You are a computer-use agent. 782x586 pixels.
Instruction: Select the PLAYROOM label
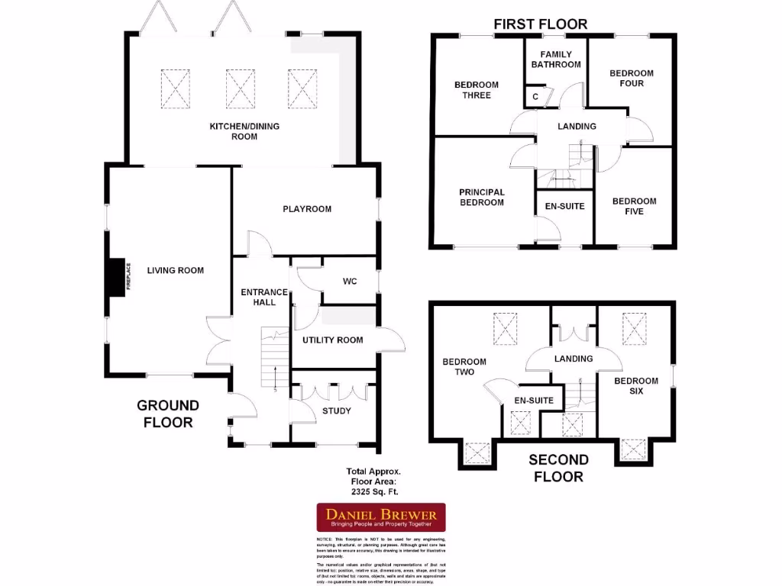(307, 209)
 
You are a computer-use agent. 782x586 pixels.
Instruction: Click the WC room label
(350, 282)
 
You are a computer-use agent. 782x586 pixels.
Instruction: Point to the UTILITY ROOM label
(332, 340)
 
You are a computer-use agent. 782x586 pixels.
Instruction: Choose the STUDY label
(337, 411)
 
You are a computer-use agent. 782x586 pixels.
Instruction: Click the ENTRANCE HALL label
(263, 298)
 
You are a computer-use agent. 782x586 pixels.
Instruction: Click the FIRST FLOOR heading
(540, 24)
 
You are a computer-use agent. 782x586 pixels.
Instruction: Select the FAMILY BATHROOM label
(556, 60)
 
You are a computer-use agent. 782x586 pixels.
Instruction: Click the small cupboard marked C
(535, 97)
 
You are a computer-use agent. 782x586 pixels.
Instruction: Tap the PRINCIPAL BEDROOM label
(481, 198)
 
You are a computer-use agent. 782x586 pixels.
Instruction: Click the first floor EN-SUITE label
(564, 206)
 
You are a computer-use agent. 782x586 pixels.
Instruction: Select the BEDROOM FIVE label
(634, 207)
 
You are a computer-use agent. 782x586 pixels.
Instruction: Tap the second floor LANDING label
(573, 359)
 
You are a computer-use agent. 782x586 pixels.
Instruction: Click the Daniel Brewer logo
(381, 517)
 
